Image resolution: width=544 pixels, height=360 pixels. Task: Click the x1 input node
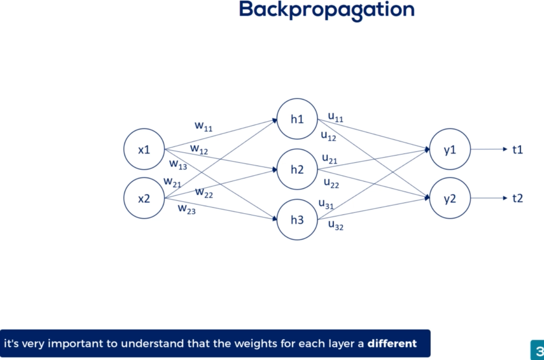point(144,149)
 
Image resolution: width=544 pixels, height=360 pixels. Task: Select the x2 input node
point(144,198)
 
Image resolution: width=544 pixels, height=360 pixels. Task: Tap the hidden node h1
point(297,119)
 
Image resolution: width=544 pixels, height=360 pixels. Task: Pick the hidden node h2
point(297,169)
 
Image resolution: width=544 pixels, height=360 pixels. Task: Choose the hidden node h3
point(297,219)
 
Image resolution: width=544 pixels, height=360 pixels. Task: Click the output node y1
point(450,149)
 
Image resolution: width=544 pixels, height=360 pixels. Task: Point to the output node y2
point(450,198)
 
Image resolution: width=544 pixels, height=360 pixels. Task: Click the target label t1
point(517,149)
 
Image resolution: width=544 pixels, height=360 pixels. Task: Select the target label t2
point(517,198)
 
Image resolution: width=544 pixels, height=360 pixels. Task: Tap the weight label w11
point(203,126)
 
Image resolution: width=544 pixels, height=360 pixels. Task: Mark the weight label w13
point(178,164)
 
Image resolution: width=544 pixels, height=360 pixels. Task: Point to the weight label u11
point(335,117)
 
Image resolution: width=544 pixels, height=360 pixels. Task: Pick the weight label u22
point(331,183)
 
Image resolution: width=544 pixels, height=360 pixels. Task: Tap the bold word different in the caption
point(392,343)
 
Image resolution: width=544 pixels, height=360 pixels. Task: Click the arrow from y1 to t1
point(488,149)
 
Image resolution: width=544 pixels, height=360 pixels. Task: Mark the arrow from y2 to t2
point(488,198)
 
